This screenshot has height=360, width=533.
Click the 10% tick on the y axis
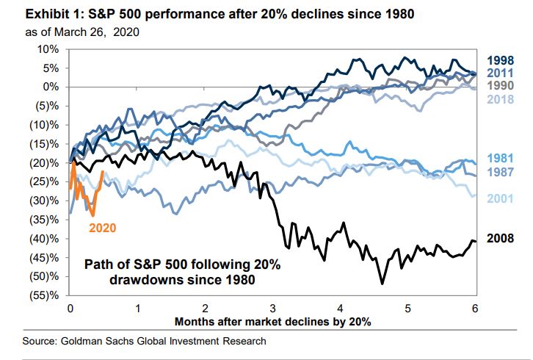point(46,48)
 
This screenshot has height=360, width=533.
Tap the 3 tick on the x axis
point(272,309)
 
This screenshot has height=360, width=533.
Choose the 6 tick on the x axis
point(475,309)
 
